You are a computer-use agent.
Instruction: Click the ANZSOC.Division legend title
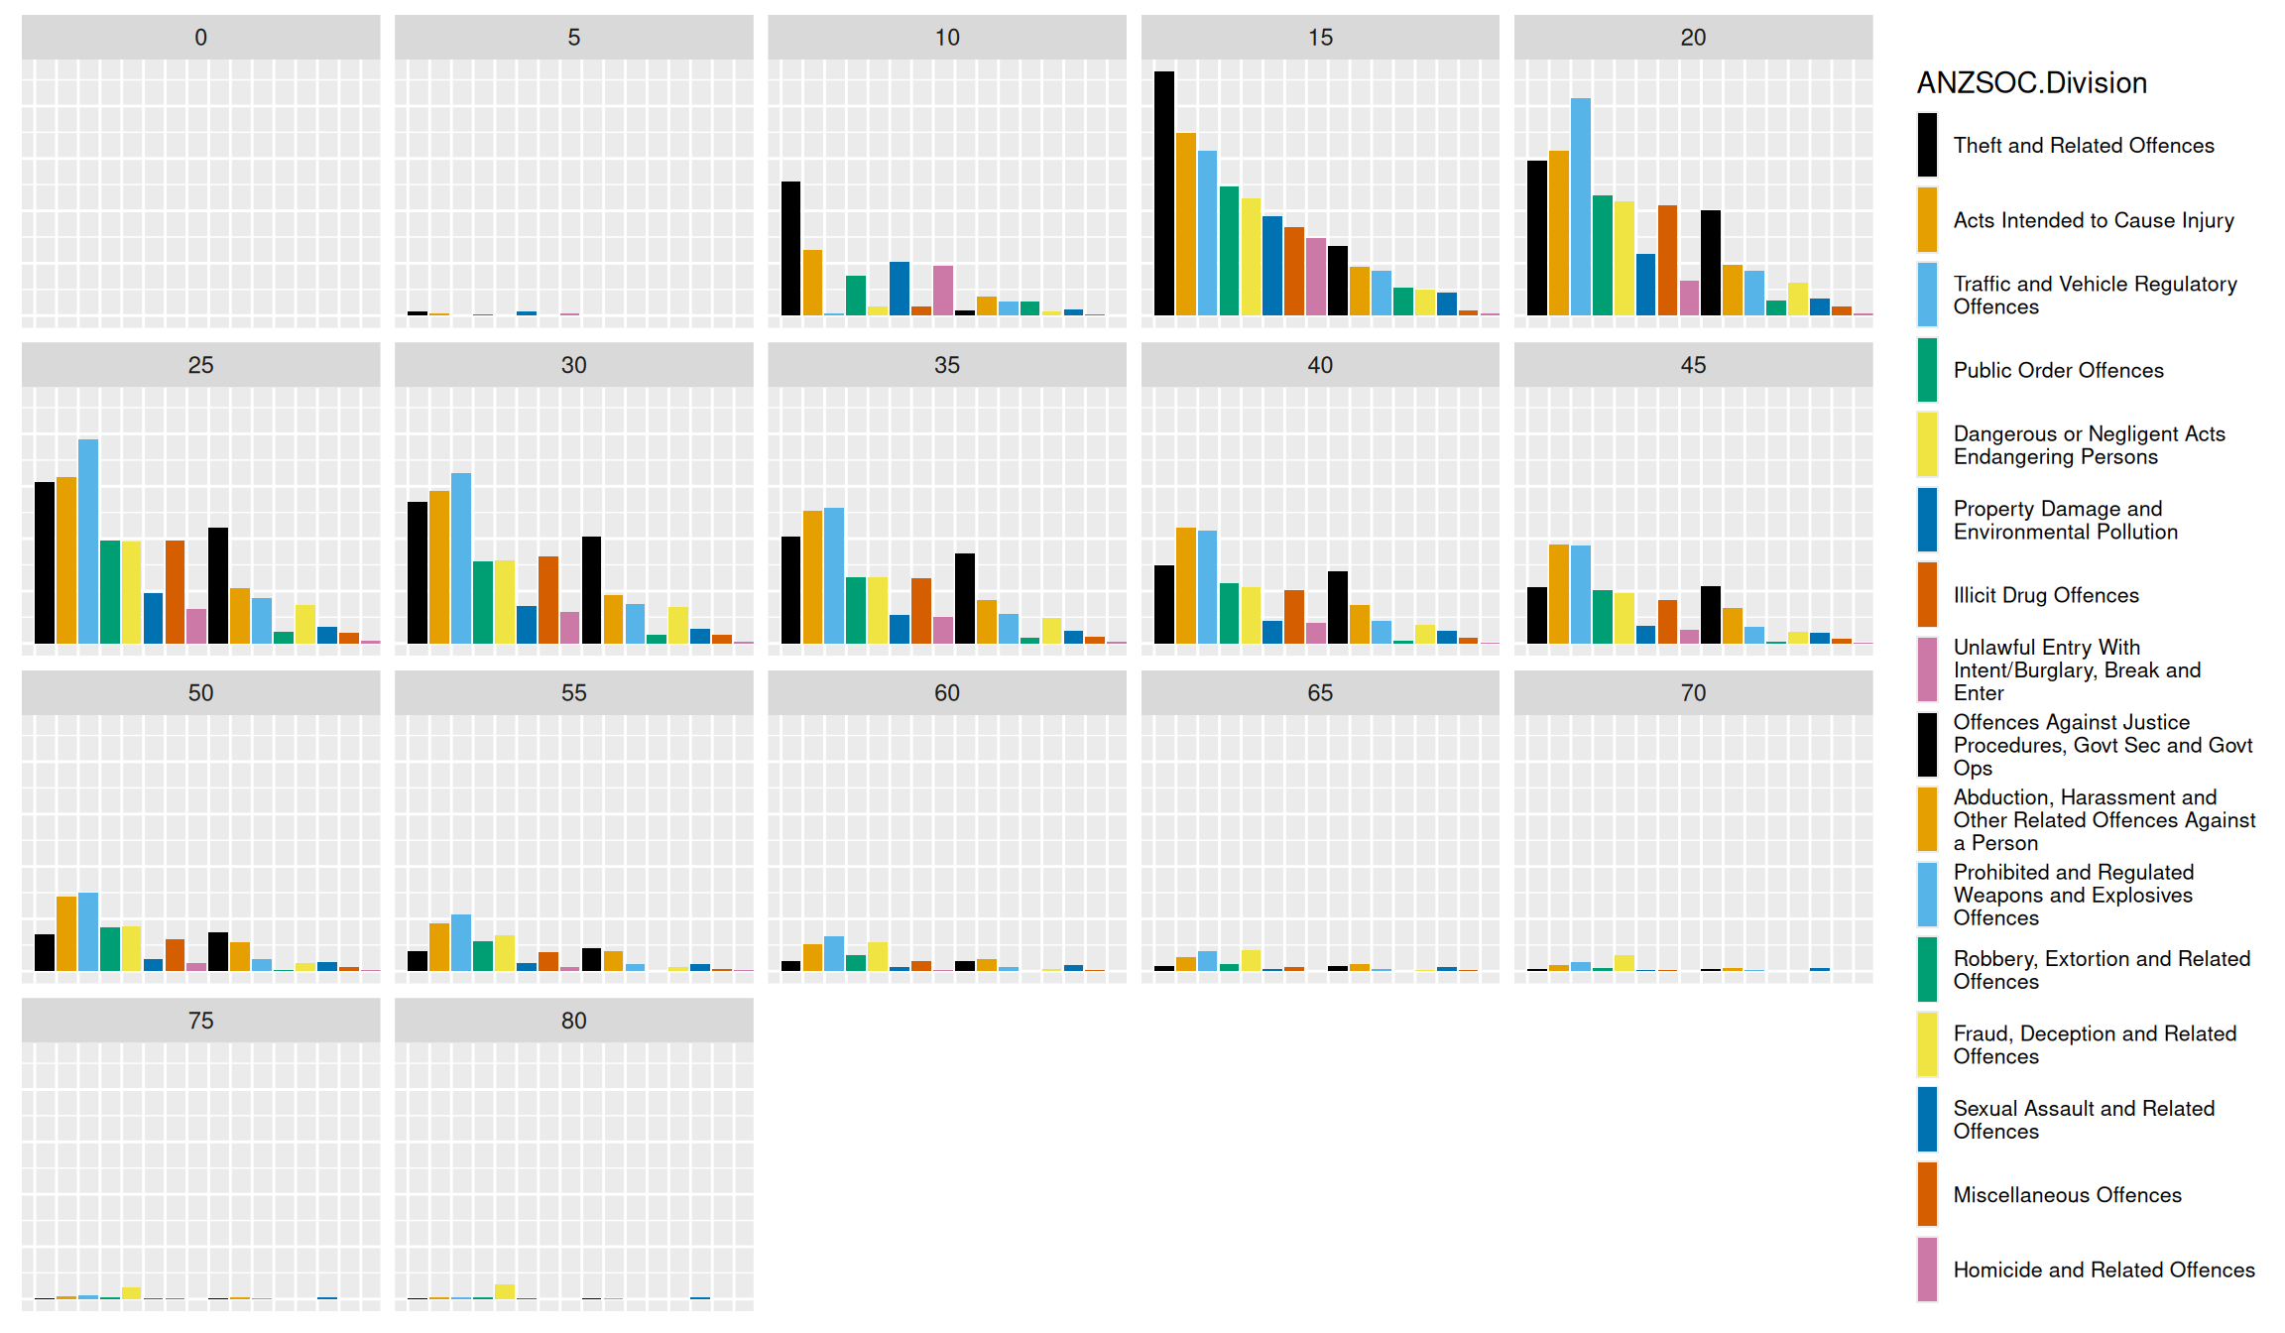tap(2031, 82)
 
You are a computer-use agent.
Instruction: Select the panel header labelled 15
tap(1319, 38)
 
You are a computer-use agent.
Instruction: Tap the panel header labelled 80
tap(573, 1021)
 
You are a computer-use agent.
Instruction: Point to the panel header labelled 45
tap(1693, 365)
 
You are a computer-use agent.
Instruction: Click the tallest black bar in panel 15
tap(1163, 193)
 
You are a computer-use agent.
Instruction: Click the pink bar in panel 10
tap(943, 290)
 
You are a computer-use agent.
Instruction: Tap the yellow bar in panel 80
tap(505, 1290)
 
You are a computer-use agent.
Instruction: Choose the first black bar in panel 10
tap(790, 248)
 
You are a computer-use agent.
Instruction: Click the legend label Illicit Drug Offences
tap(2045, 595)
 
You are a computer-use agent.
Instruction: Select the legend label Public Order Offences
tap(2058, 370)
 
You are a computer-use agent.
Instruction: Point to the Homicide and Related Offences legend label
tap(2104, 1270)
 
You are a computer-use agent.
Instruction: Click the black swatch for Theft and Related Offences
tap(1927, 145)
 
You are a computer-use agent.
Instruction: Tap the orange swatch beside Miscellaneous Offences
tap(1927, 1194)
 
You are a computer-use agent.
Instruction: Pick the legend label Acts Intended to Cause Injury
tap(2093, 220)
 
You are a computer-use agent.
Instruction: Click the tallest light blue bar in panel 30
tap(461, 557)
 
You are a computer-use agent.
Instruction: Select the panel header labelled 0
tap(200, 38)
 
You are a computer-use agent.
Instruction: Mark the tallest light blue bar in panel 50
tap(88, 931)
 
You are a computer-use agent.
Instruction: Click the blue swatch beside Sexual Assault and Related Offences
tap(1927, 1120)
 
